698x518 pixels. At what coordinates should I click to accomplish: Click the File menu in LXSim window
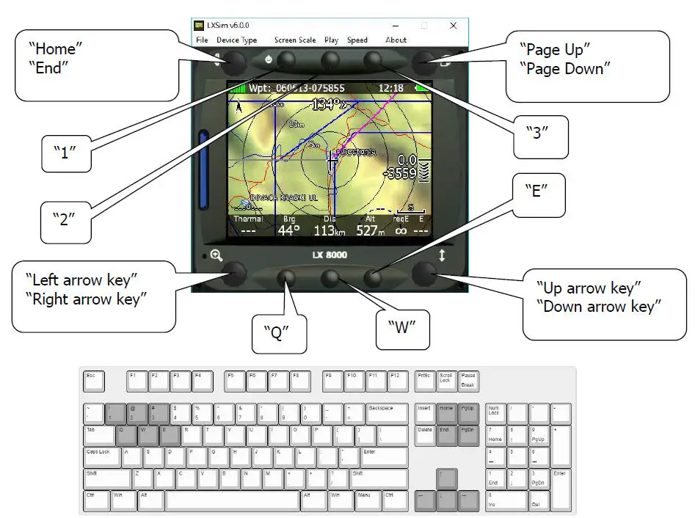[x=201, y=40]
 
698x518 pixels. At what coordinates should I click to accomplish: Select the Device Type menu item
[x=237, y=40]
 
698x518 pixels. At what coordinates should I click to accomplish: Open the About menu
[x=396, y=40]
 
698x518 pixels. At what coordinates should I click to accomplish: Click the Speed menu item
[x=357, y=40]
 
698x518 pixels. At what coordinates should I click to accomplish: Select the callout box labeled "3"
[x=541, y=136]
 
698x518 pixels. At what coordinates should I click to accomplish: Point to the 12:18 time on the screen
[x=391, y=88]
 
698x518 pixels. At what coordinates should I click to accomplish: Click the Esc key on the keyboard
[x=94, y=381]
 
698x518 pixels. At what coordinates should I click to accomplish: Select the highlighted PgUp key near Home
[x=469, y=413]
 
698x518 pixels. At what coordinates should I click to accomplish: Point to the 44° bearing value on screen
[x=288, y=231]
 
